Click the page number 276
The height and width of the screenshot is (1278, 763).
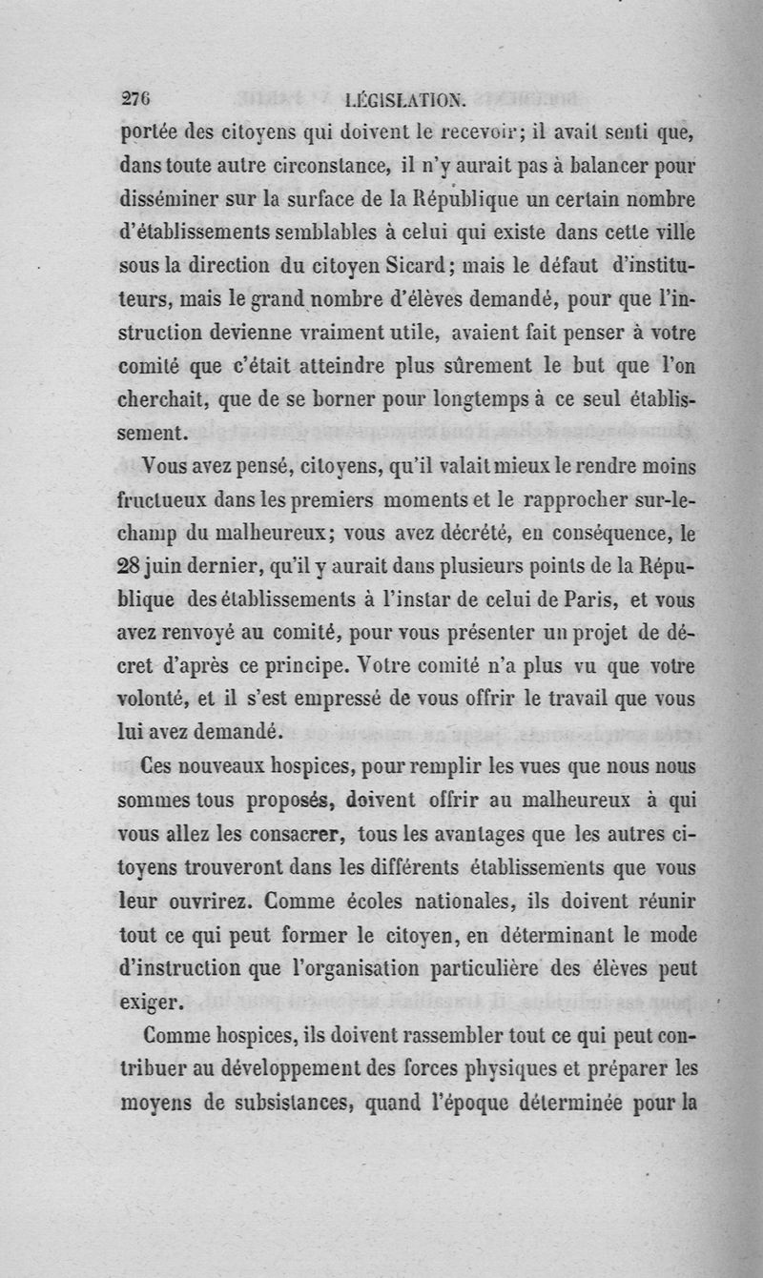point(138,96)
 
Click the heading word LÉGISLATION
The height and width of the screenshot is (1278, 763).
point(405,97)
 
